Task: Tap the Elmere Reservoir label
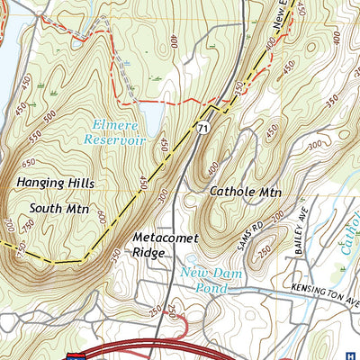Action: [115, 132]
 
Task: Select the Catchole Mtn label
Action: [245, 192]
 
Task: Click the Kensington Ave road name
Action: [324, 290]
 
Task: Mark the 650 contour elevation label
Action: [28, 163]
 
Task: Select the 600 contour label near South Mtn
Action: [105, 219]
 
